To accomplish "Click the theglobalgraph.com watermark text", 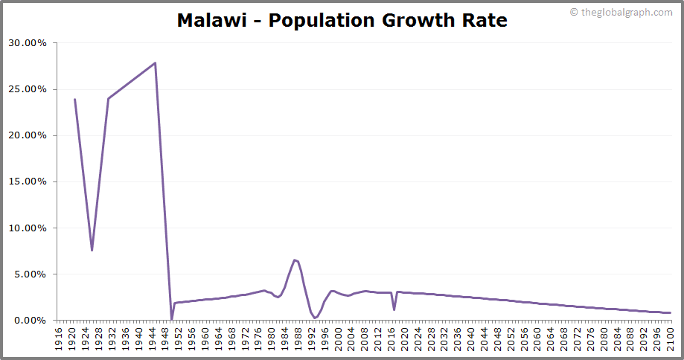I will click(624, 12).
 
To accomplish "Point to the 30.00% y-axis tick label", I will click(28, 43).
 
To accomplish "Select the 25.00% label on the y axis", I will click(28, 89).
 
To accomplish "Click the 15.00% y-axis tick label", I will click(28, 181).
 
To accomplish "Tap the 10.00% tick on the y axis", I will click(28, 228).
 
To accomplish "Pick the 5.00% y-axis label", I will click(30, 274).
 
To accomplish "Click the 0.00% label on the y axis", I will click(30, 321).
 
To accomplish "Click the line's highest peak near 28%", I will click(155, 62).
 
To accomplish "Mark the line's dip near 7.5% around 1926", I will click(92, 250).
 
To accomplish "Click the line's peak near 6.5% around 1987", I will click(295, 260).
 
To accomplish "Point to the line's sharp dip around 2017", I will click(394, 309).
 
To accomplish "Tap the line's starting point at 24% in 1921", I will click(74, 99).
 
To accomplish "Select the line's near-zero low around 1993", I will click(315, 318).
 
